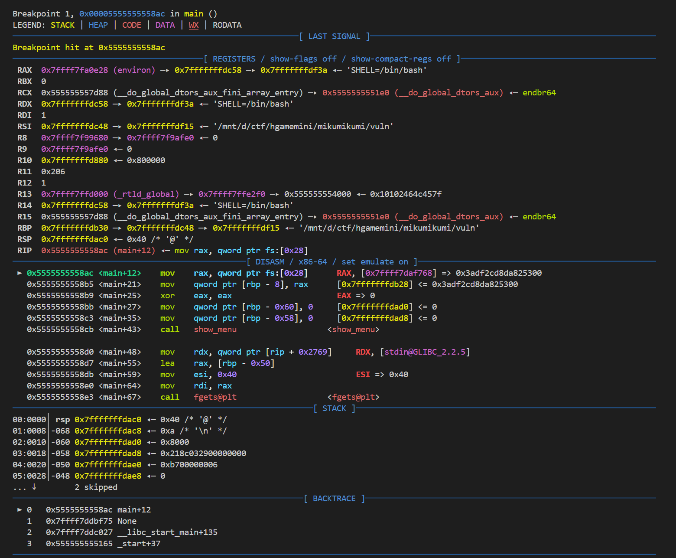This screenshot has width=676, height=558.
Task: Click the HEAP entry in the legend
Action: tap(98, 25)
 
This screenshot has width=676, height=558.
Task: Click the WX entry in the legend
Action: tap(194, 25)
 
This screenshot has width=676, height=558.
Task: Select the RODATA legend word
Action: tap(227, 25)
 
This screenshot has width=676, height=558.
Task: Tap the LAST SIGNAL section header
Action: tap(334, 36)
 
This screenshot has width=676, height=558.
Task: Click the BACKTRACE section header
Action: tap(334, 498)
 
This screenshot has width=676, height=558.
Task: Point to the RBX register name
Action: tap(25, 82)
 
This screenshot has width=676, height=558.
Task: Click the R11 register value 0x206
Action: tap(53, 171)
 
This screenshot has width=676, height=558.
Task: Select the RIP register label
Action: tap(25, 251)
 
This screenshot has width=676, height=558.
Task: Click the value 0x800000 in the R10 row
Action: tap(146, 160)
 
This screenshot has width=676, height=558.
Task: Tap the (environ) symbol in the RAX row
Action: tap(134, 70)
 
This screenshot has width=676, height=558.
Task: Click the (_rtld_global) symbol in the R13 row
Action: tap(146, 194)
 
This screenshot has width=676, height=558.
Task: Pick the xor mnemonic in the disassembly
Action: tap(167, 296)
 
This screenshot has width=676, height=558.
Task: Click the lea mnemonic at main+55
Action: tap(167, 363)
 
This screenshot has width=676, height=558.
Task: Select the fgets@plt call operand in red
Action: tap(215, 397)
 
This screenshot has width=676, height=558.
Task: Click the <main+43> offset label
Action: tap(120, 329)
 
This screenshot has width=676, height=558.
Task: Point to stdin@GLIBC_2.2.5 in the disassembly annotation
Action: tap(425, 352)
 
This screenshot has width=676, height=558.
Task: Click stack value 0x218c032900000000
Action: tap(203, 454)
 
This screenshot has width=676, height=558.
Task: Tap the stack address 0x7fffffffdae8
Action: tap(108, 476)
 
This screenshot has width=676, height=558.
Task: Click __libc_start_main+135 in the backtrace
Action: tap(167, 532)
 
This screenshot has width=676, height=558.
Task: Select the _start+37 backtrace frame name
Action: tap(139, 543)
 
